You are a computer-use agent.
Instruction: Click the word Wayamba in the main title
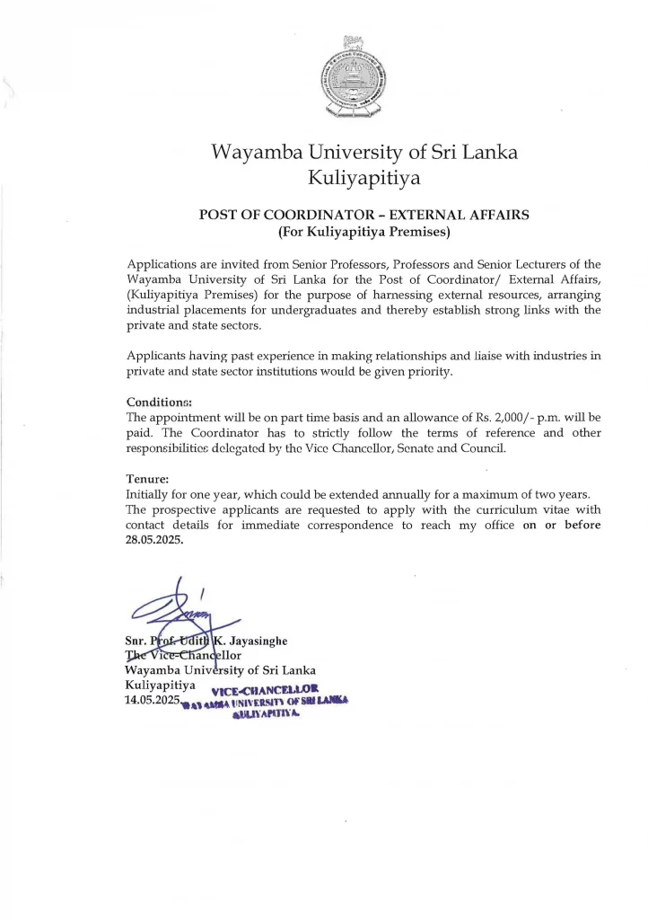[x=257, y=152]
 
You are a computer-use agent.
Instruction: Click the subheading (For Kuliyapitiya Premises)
[x=363, y=232]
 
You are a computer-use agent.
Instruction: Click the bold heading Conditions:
[x=159, y=402]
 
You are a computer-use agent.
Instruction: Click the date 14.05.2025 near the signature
[x=153, y=698]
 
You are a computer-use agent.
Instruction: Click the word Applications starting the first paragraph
[x=164, y=264]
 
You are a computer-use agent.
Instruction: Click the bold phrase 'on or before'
[x=562, y=525]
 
